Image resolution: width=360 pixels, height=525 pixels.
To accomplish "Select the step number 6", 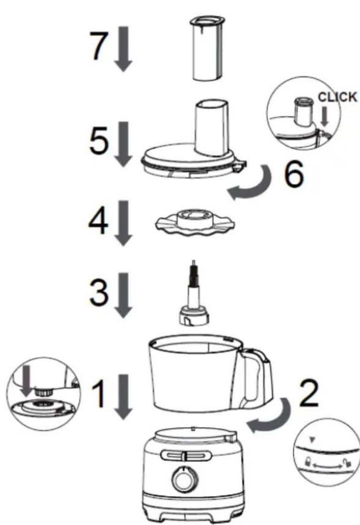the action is coord(294,174).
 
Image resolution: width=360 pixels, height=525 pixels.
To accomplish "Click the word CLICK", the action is coord(337,97).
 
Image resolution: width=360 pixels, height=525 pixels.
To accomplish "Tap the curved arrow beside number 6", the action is coord(253,184).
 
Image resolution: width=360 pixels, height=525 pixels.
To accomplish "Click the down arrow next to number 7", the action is coord(124,51).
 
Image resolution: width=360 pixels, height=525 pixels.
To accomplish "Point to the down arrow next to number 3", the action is coord(124,295).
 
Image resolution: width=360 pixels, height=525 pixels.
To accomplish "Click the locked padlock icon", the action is coord(307,462).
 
